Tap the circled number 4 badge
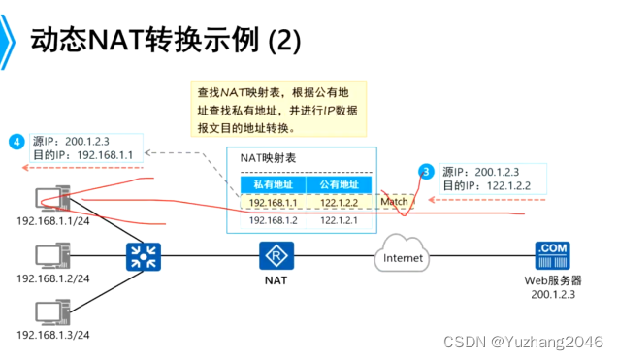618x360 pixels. pyautogui.click(x=16, y=143)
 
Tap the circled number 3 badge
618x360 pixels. pyautogui.click(x=426, y=171)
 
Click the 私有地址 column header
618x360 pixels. pyautogui.click(x=273, y=184)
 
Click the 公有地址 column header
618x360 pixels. pyautogui.click(x=339, y=184)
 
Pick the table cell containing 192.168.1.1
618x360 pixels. pyautogui.click(x=273, y=203)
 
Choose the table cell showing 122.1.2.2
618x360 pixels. pyautogui.click(x=339, y=203)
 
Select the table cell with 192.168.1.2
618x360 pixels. pyautogui.click(x=273, y=220)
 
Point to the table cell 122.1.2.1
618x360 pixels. pyautogui.click(x=339, y=220)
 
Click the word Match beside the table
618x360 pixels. pyautogui.click(x=394, y=203)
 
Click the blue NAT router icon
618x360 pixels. pyautogui.click(x=276, y=256)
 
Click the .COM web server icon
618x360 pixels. pyautogui.click(x=550, y=255)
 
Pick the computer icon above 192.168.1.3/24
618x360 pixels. pyautogui.click(x=49, y=312)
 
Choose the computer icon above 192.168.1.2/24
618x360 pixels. pyautogui.click(x=49, y=257)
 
